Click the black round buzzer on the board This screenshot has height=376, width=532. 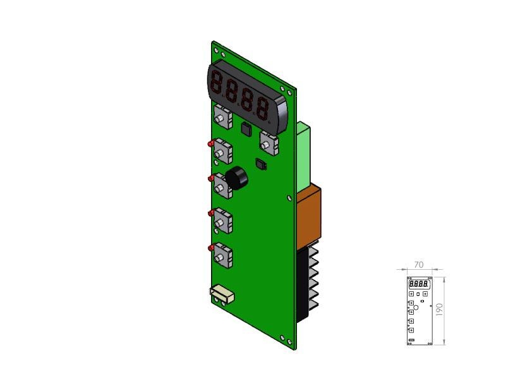coord(236,178)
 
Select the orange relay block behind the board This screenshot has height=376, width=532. coord(309,216)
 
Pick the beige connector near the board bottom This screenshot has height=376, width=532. coord(222,294)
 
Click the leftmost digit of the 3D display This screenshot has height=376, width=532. coord(216,83)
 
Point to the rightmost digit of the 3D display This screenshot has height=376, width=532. coord(263,109)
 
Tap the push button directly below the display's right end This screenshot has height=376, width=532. coord(269,143)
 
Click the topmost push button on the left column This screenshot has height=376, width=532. coord(223,116)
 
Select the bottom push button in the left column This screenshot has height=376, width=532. coord(223,255)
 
